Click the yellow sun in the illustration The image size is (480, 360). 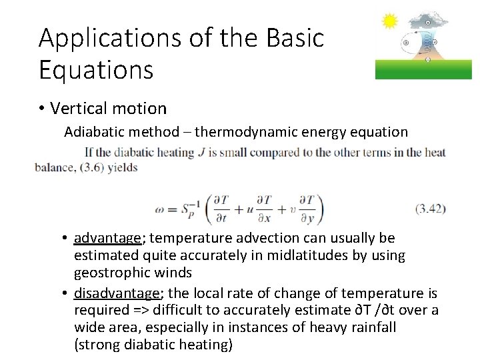pyautogui.click(x=389, y=22)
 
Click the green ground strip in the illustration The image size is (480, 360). pyautogui.click(x=423, y=69)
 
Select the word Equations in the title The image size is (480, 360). pyautogui.click(x=96, y=69)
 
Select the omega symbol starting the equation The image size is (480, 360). pyautogui.click(x=161, y=209)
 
